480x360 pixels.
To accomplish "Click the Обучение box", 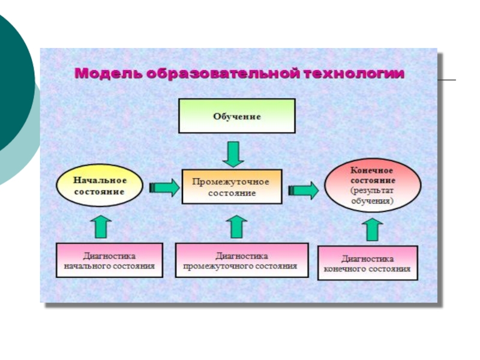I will [237, 116].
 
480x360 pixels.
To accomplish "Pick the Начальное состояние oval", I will [100, 186].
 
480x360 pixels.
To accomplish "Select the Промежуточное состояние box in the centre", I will [232, 187].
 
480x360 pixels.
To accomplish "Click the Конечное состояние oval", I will [373, 186].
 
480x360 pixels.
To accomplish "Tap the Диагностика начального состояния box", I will [109, 260].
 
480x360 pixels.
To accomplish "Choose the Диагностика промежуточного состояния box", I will [241, 260].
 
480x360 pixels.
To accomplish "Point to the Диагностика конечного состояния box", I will [367, 263].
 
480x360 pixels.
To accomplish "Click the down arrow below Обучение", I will [233, 154].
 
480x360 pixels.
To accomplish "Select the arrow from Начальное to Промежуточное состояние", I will [164, 188].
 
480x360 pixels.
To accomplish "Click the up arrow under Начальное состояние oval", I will [101, 226].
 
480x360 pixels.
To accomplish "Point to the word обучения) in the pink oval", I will [373, 201].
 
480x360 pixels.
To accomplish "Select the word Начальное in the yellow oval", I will [100, 180].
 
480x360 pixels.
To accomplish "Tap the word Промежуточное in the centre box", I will [231, 181].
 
